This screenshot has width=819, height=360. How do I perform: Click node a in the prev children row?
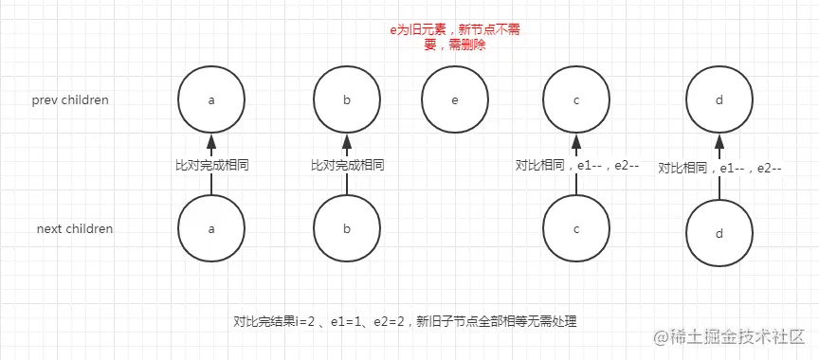211,99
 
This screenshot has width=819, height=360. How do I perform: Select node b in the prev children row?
348,99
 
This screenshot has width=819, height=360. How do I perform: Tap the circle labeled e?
455,99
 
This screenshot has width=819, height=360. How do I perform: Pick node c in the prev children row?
576,99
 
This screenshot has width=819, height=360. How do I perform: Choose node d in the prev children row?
719,99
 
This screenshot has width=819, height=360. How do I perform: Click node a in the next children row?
211,228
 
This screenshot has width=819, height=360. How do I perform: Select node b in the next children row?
348,228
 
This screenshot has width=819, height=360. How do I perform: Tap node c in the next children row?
576,228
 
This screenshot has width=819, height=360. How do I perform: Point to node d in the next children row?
719,233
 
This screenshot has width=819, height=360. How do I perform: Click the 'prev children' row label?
70,99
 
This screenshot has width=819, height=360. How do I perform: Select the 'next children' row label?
75,228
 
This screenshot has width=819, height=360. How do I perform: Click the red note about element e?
456,37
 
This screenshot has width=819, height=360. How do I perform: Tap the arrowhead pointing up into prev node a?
211,142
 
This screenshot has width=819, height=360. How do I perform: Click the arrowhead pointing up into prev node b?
348,142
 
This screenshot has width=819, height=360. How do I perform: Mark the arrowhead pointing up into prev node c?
576,142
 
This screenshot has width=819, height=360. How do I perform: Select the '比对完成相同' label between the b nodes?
348,165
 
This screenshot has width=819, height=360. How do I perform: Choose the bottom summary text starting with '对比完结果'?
405,321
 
